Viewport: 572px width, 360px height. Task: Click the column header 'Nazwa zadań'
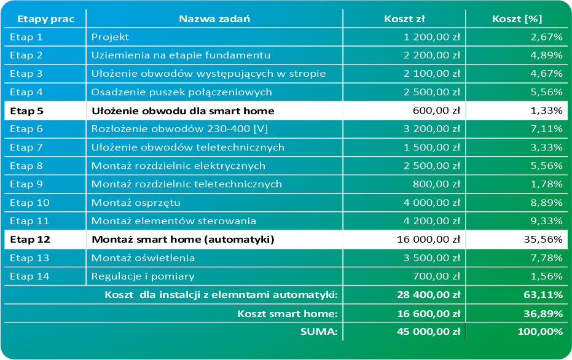coord(214,18)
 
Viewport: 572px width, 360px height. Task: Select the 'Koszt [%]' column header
coord(515,18)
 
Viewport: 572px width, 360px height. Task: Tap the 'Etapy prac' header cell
coord(45,18)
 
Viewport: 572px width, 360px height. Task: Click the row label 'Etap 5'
coord(27,111)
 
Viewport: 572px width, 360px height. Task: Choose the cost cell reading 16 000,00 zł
coord(429,240)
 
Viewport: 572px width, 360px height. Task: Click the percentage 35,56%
coord(543,240)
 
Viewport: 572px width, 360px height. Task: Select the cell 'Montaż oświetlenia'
coord(143,258)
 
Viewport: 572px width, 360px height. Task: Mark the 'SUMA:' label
coord(319,332)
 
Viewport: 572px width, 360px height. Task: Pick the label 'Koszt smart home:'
coord(288,313)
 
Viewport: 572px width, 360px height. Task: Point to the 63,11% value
coord(543,295)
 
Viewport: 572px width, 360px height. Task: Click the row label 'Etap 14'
coord(29,276)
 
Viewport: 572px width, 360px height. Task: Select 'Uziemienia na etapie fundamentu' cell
coord(181,55)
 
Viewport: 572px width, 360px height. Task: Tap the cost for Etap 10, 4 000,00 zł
coord(432,203)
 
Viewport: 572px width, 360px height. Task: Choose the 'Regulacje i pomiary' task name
coord(143,276)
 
